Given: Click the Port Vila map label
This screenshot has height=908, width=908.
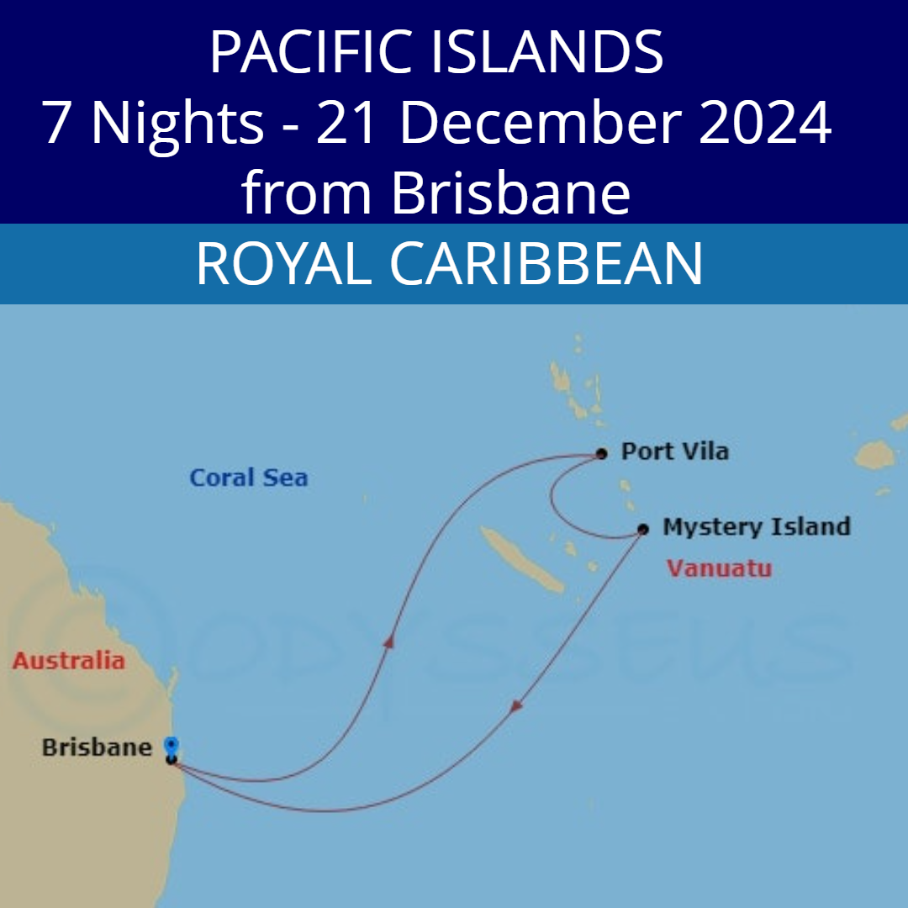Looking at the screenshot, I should tap(674, 451).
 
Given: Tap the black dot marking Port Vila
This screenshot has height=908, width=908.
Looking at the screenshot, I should tap(601, 454).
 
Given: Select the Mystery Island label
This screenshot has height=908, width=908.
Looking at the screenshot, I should tap(756, 527).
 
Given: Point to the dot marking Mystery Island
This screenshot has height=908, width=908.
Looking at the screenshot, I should tap(643, 530).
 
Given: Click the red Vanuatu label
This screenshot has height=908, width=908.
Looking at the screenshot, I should tap(719, 568).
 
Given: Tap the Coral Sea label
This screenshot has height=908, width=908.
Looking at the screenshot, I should tap(248, 478).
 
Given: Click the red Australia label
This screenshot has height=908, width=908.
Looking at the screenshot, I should tap(68, 661).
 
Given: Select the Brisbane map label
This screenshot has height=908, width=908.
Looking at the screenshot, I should tap(97, 747).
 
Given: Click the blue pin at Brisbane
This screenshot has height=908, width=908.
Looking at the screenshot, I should tap(172, 746).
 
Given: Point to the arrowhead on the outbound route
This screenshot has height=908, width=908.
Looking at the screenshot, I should tap(389, 641).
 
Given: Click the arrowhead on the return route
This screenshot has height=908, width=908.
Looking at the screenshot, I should tap(517, 708).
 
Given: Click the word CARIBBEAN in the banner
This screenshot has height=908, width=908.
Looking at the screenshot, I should tap(546, 263).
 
